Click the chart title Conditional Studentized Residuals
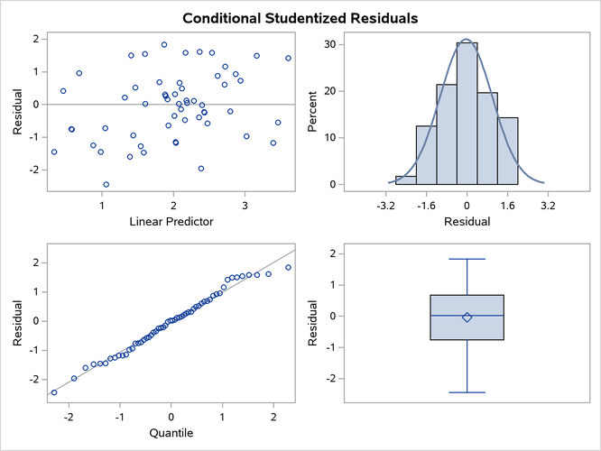point(300,18)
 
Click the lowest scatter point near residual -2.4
point(106,184)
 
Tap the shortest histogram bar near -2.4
point(406,180)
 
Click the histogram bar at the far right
point(509,151)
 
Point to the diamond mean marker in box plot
point(467,317)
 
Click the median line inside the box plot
point(467,316)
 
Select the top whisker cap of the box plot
point(467,259)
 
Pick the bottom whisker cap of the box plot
point(467,392)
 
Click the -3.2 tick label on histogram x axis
point(387,205)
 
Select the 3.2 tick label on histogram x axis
point(547,205)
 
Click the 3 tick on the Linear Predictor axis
point(245,205)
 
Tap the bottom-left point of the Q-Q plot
point(54,392)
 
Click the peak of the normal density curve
point(467,40)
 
